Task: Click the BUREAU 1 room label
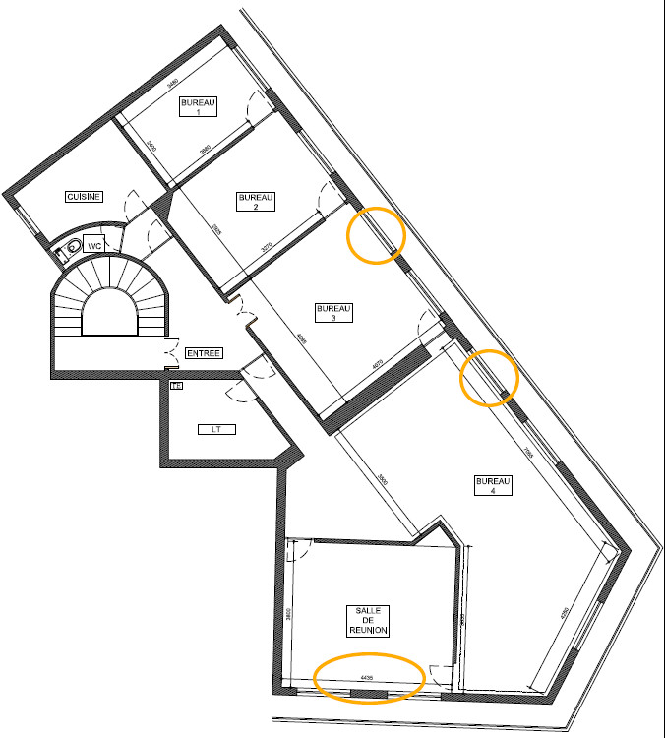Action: pyautogui.click(x=198, y=107)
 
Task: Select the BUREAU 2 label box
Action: pyautogui.click(x=256, y=202)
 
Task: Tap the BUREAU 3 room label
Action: pyautogui.click(x=333, y=313)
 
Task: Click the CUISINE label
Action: pyautogui.click(x=84, y=197)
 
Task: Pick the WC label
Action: pyautogui.click(x=95, y=244)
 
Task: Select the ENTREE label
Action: pyautogui.click(x=204, y=353)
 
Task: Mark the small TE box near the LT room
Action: pyautogui.click(x=176, y=386)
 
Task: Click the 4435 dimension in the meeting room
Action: pyautogui.click(x=367, y=677)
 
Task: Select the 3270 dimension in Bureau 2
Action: pyautogui.click(x=266, y=250)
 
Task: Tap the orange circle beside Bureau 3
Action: pyautogui.click(x=376, y=235)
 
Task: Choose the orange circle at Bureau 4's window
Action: pyautogui.click(x=489, y=377)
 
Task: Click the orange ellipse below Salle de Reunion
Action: pyautogui.click(x=369, y=677)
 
